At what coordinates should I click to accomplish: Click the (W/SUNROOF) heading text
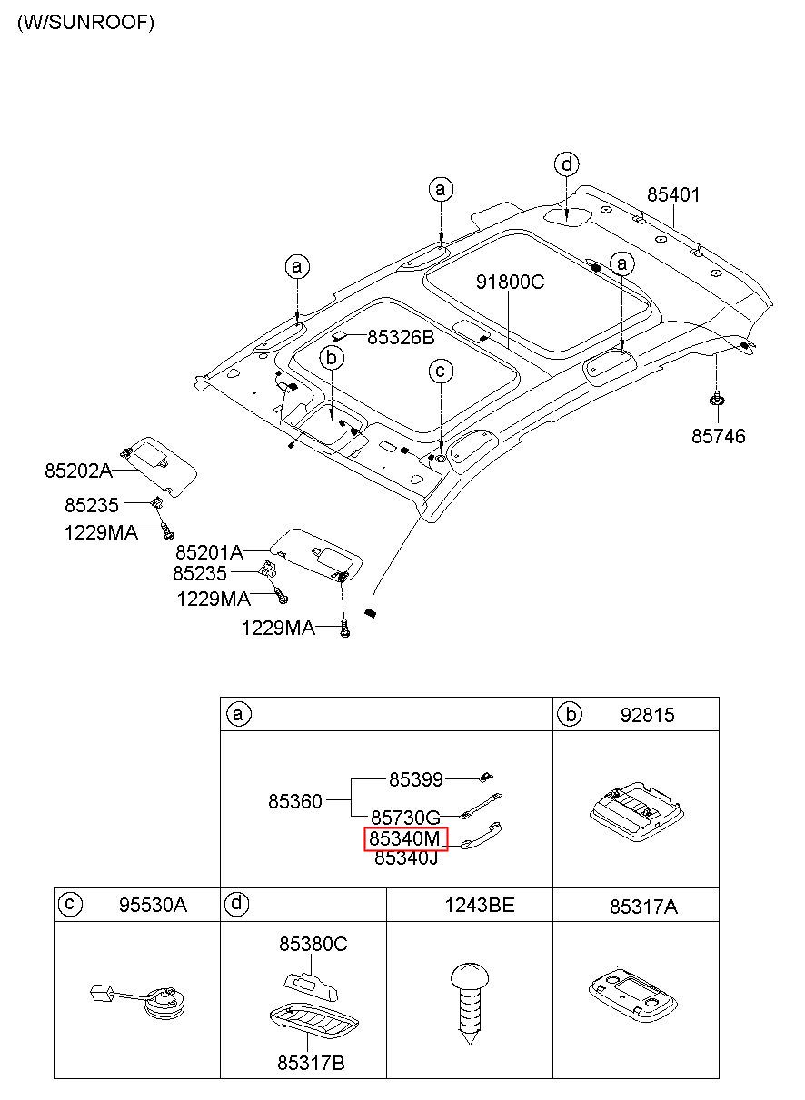point(85,22)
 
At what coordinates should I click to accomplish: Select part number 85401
point(673,194)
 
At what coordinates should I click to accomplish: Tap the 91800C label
point(510,282)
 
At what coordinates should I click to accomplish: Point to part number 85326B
point(401,337)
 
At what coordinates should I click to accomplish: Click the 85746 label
point(718,436)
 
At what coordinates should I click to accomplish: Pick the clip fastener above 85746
point(717,399)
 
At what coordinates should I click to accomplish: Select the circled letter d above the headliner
point(567,164)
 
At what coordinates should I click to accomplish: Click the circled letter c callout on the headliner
point(441,371)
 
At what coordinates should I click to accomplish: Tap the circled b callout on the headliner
point(332,358)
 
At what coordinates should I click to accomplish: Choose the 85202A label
point(78,471)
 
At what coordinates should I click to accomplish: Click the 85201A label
point(209,552)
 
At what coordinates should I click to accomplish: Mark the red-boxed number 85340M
point(406,838)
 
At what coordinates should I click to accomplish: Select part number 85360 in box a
point(294,801)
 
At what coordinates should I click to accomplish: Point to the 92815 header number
point(647,715)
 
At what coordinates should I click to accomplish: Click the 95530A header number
point(153,905)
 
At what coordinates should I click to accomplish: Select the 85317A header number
point(643,907)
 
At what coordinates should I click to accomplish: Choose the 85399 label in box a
point(416,779)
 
